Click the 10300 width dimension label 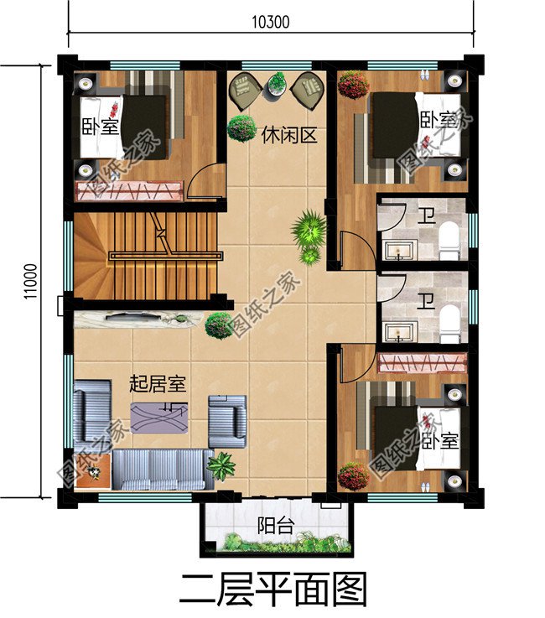coord(270,23)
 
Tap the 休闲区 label coord(288,135)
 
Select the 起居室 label coord(157,384)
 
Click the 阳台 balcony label coord(274,527)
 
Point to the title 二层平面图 coord(272,589)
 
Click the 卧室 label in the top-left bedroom coord(100,129)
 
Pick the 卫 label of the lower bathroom coord(427,299)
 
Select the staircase coord(159,252)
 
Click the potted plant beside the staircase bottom coord(219,324)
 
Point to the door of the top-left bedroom coord(207,180)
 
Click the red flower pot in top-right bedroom coord(354,85)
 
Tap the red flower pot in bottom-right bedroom coord(353,476)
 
